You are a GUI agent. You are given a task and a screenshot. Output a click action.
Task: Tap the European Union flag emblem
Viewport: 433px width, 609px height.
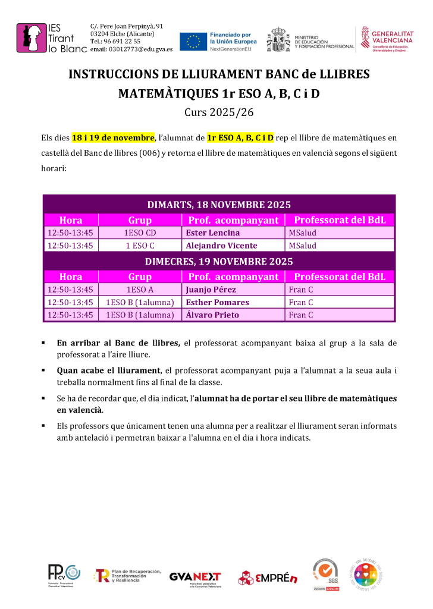tap(193, 41)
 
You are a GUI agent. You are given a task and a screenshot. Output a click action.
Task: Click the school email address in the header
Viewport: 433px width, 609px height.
tap(131, 49)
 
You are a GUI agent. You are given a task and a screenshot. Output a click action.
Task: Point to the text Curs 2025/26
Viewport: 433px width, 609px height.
tap(216, 111)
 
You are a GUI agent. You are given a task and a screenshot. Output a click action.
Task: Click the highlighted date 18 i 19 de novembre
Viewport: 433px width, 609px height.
tap(113, 138)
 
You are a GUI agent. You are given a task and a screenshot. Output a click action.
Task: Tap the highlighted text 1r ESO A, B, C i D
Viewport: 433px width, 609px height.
tap(240, 138)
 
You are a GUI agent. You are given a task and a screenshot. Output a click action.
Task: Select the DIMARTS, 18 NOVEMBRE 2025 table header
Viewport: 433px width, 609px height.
tap(219, 205)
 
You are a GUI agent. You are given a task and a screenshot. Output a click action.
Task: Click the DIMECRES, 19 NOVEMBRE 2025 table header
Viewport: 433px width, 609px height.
tap(219, 262)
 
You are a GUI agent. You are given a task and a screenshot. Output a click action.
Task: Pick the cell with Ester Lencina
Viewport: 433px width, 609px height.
tap(213, 233)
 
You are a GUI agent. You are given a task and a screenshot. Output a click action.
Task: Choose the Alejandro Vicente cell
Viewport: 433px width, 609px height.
tap(221, 246)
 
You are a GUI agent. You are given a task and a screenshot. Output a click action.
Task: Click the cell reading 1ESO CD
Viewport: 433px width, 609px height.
tap(140, 233)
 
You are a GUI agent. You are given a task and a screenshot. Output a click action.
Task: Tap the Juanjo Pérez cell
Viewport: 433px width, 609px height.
tap(211, 290)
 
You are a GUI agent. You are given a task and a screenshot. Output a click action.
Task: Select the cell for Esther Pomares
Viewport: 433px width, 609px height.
tap(218, 302)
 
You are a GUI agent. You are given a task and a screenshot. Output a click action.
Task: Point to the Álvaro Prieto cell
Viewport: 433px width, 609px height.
tap(212, 315)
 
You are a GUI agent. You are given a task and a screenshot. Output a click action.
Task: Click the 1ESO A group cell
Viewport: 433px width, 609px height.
tap(140, 290)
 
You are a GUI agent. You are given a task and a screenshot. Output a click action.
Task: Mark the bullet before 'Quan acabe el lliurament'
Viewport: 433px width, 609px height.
tap(44, 371)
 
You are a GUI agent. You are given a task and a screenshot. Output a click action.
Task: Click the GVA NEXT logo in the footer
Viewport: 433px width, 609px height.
tap(195, 577)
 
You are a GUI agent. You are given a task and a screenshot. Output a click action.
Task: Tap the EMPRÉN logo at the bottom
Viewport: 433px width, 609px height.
tap(268, 577)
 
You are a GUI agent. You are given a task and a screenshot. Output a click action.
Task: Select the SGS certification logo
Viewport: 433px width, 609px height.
tap(326, 574)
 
